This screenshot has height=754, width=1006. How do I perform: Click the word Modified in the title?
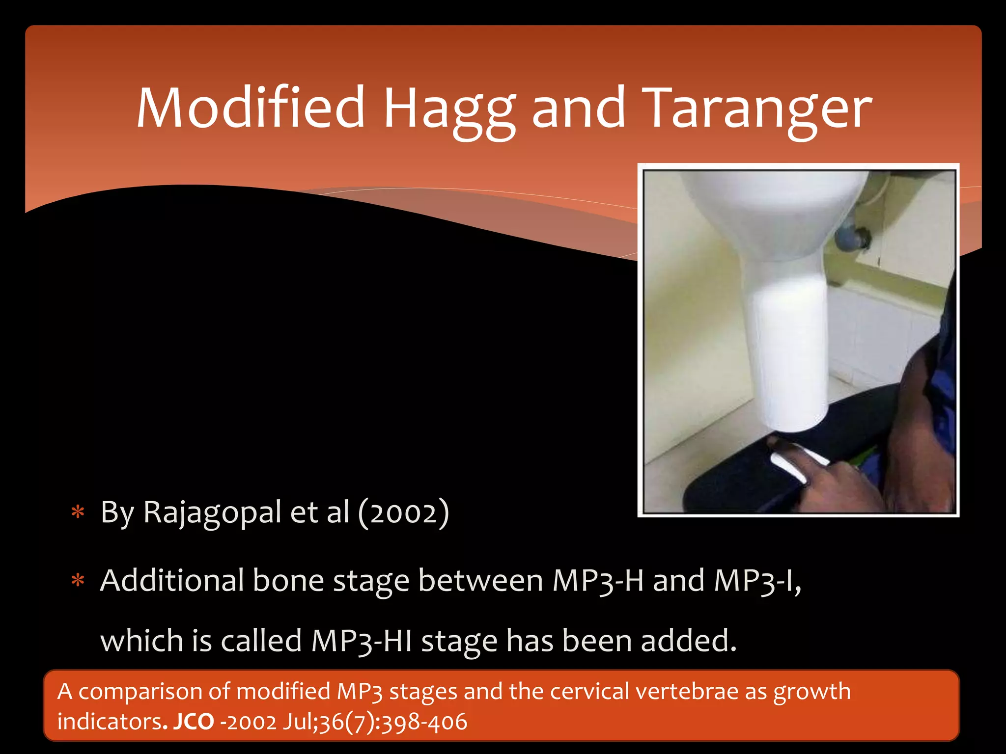[x=251, y=108]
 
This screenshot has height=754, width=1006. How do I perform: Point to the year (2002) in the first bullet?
[x=403, y=513]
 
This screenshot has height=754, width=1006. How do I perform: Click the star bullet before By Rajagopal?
[x=78, y=512]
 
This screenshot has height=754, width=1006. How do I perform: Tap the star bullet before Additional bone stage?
[x=78, y=581]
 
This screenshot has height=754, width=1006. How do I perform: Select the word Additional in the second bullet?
[x=172, y=581]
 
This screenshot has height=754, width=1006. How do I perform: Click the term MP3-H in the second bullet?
[x=597, y=581]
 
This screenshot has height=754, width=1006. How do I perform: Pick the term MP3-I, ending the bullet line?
[x=757, y=581]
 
